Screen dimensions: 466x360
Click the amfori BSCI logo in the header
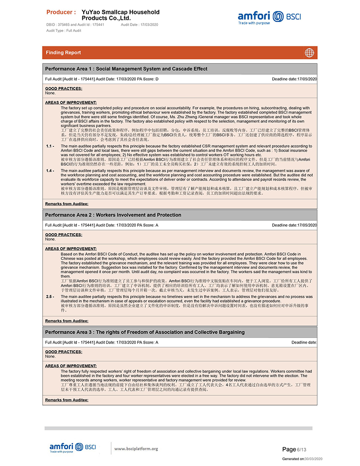269,18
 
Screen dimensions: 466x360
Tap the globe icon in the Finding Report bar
310,53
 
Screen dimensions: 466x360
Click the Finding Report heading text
63,53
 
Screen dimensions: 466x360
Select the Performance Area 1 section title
126,69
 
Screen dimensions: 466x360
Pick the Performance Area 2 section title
113,215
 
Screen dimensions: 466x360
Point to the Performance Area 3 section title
145,332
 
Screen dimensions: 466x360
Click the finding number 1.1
50,146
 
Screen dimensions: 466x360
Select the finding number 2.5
50,297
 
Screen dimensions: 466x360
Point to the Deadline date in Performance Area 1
294,79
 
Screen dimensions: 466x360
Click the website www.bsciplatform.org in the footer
136,448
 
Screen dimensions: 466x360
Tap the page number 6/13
294,449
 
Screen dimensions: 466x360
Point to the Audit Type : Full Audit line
63,30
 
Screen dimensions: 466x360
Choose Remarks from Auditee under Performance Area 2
67,321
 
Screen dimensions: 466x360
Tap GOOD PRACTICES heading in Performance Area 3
63,352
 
